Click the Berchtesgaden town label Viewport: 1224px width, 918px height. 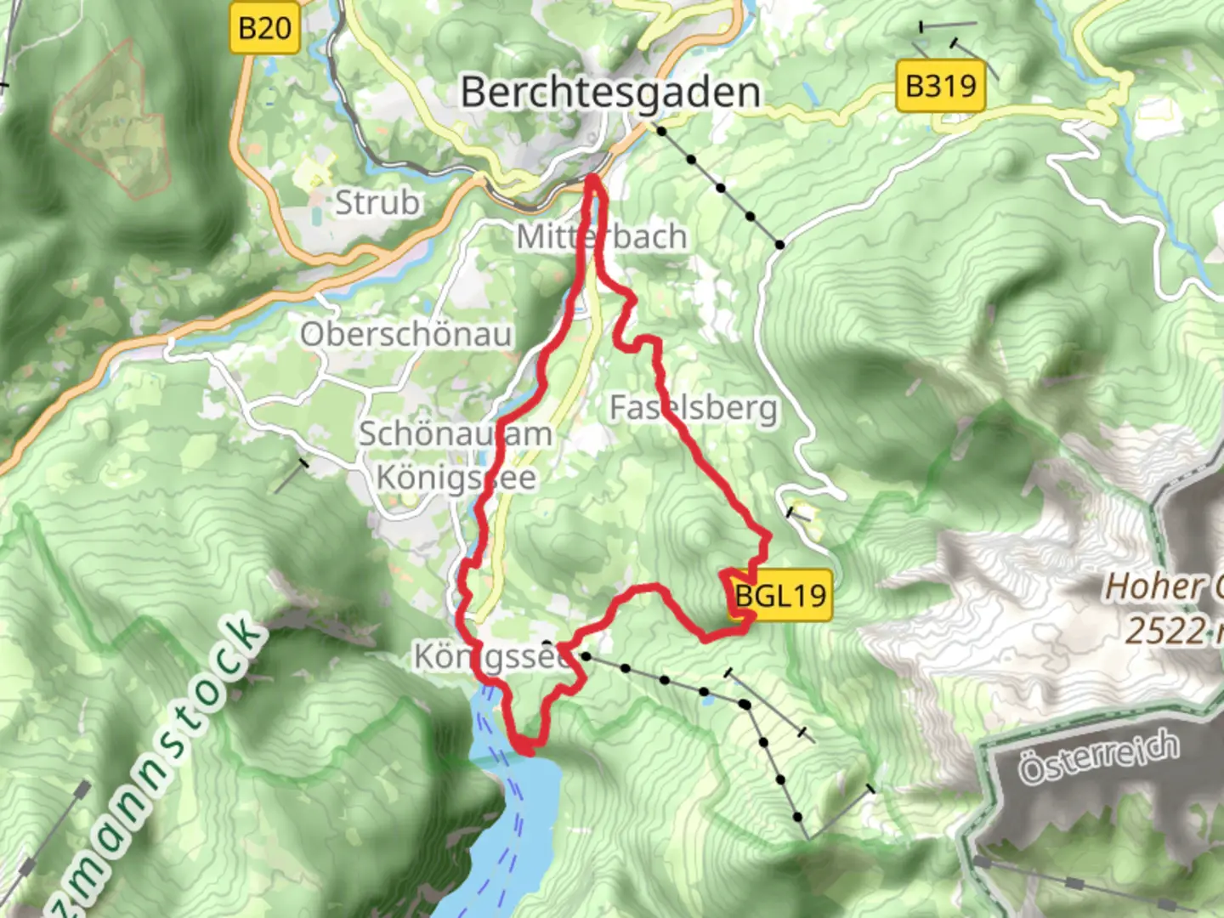click(609, 92)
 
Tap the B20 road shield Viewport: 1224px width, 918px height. click(264, 29)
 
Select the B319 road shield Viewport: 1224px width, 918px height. click(940, 86)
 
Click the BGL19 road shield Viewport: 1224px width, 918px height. click(779, 596)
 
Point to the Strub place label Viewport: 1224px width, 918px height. click(377, 203)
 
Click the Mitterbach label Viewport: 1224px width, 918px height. click(602, 237)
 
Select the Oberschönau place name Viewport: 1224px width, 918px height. click(405, 334)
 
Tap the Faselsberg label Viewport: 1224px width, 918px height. click(693, 408)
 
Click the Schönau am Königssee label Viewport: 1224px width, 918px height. click(456, 456)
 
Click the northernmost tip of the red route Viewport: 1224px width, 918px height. click(592, 178)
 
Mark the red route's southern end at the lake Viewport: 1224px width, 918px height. click(526, 750)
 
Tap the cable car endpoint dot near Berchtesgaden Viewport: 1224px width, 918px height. click(660, 130)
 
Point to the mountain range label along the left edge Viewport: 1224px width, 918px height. click(144, 765)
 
